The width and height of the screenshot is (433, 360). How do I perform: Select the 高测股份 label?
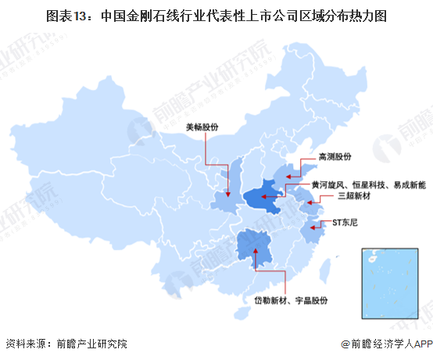tap(337, 157)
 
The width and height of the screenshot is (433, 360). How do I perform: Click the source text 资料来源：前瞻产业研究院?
tap(66, 344)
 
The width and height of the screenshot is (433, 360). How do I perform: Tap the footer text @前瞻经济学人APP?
tap(386, 344)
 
